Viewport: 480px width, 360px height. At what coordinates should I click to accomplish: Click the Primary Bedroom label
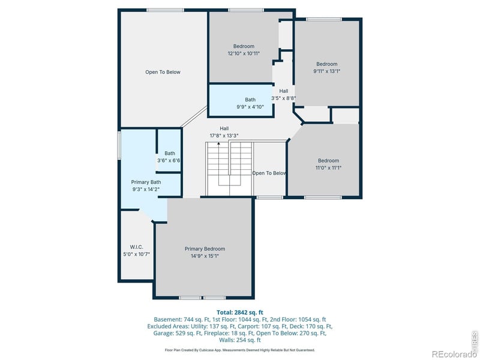pyautogui.click(x=205, y=249)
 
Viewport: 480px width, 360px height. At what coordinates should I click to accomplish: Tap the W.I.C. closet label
pyautogui.click(x=136, y=247)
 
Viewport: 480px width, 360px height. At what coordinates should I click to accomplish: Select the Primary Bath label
pyautogui.click(x=146, y=182)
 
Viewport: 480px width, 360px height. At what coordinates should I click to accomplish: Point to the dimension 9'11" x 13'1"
pyautogui.click(x=327, y=71)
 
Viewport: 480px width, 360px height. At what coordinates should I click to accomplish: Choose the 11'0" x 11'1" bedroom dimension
pyautogui.click(x=328, y=168)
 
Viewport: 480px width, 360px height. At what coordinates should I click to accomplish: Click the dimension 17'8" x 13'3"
pyautogui.click(x=224, y=136)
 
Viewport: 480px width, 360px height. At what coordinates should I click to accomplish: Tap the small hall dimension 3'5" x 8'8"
pyautogui.click(x=283, y=98)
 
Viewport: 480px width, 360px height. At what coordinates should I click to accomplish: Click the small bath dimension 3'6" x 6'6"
pyautogui.click(x=169, y=161)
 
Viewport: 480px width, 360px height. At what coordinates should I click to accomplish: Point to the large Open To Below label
pyautogui.click(x=163, y=72)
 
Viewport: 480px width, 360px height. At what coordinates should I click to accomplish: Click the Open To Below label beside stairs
pyautogui.click(x=269, y=173)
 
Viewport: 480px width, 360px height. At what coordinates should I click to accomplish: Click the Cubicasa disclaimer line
pyautogui.click(x=239, y=350)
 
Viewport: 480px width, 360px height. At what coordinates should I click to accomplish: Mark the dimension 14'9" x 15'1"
pyautogui.click(x=205, y=256)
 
